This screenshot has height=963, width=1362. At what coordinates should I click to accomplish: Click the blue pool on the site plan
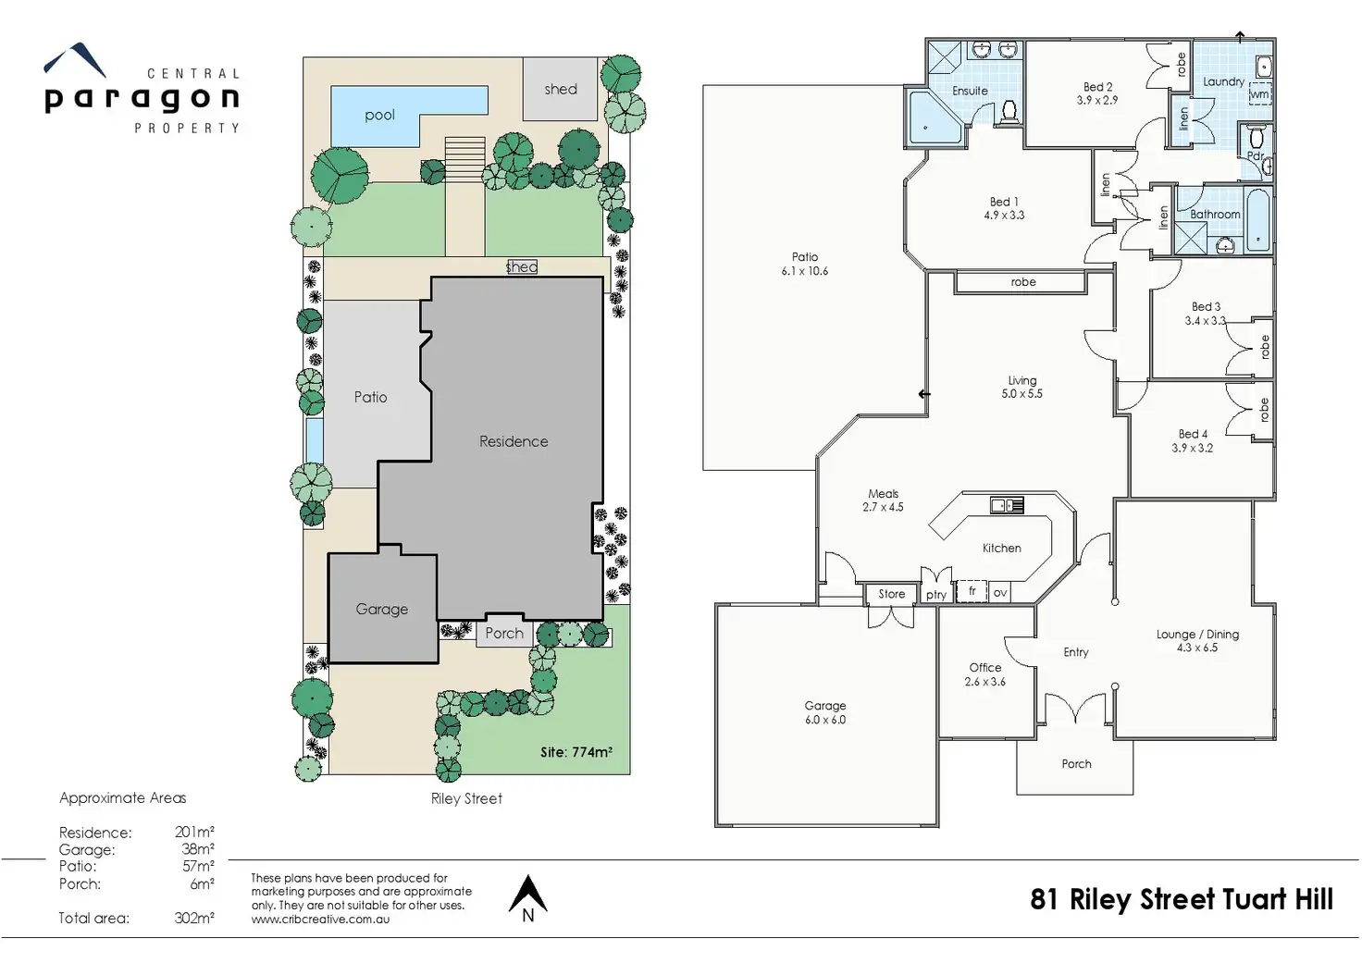pos(380,116)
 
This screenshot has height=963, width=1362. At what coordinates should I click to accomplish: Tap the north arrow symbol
pos(527,898)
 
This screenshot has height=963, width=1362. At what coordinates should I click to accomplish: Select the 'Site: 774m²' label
pos(576,752)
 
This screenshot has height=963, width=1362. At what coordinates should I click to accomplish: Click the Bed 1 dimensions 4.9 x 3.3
pos(1004,216)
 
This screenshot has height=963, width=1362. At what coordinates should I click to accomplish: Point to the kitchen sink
pos(1007,504)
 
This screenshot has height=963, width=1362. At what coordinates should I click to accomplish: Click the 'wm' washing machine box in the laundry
pos(1260,94)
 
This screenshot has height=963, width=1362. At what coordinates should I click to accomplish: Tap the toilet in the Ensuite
pos(1009,113)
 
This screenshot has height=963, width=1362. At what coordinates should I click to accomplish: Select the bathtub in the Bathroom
pos(1257,219)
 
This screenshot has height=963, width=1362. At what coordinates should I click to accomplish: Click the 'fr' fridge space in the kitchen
pos(972,591)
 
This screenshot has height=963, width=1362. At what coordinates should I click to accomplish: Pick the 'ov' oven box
pos(1000,593)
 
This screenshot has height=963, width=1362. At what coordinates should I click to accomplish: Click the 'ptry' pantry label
pos(936,595)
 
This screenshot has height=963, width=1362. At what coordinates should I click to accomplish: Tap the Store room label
pos(891,594)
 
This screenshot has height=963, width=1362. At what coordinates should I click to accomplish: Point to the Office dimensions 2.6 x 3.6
pos(985,682)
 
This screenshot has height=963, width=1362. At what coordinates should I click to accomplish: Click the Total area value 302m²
pos(194,918)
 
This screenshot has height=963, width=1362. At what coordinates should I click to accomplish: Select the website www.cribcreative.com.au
pos(320,920)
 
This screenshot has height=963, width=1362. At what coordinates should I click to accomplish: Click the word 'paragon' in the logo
pos(142,99)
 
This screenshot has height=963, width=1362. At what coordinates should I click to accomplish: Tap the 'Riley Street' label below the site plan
pos(466,799)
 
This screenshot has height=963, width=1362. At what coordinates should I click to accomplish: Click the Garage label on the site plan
pos(382,610)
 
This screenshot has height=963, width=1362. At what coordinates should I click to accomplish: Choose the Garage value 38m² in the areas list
pos(198,848)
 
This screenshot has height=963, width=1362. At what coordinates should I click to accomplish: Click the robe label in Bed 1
pos(1023,282)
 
